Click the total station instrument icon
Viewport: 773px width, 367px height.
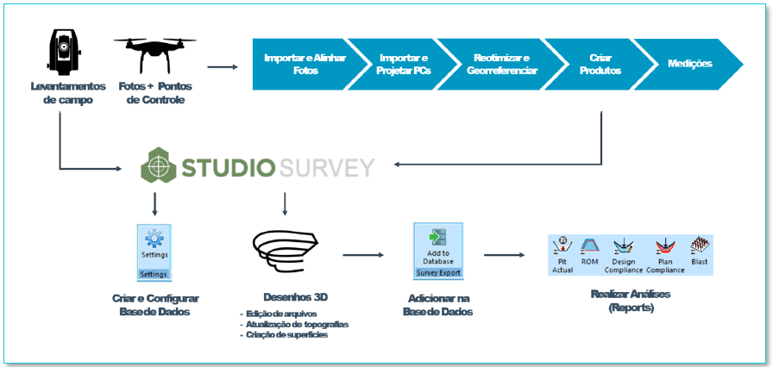tap(63, 53)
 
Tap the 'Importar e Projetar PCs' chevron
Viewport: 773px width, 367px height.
tap(403, 64)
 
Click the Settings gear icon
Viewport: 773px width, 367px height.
tap(154, 239)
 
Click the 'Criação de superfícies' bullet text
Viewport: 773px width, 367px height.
tap(285, 334)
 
